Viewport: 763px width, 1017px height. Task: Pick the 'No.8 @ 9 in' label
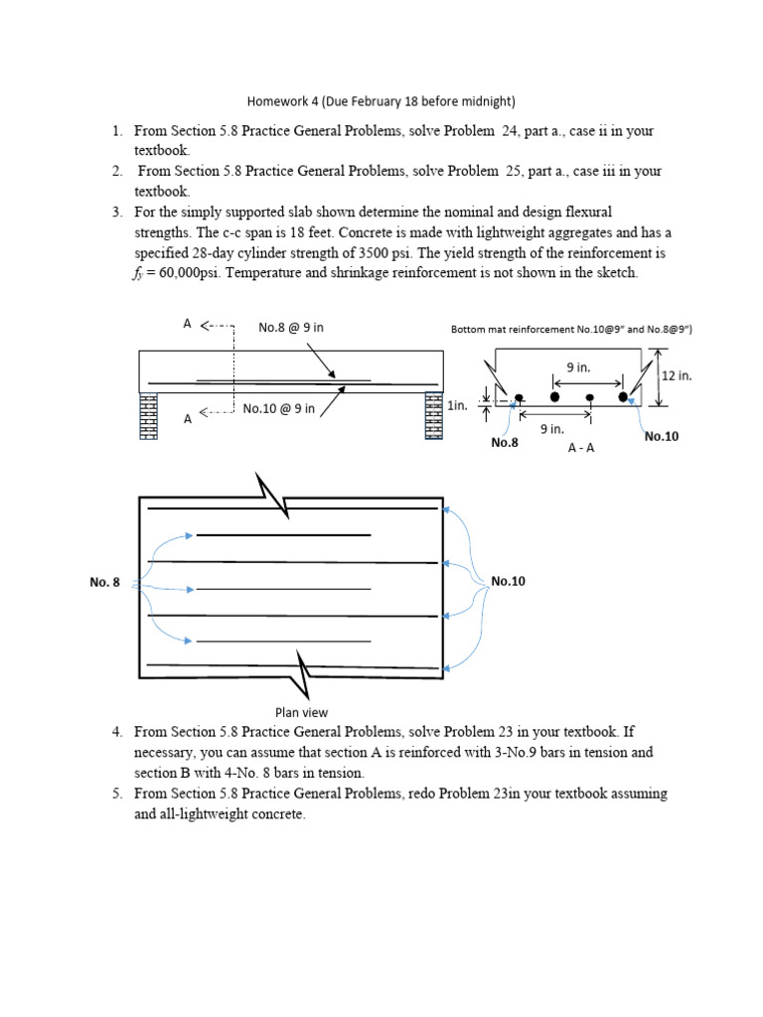tap(292, 326)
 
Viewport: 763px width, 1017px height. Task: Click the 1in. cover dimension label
tap(458, 406)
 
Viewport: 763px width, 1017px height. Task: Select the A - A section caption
tap(582, 448)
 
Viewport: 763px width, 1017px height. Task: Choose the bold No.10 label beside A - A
tap(663, 435)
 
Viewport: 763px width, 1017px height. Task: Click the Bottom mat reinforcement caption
tap(570, 330)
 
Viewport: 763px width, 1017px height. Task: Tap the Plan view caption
tap(301, 711)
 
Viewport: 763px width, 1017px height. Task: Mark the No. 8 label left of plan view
tap(104, 582)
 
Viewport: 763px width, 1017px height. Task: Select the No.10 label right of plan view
tap(509, 581)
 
